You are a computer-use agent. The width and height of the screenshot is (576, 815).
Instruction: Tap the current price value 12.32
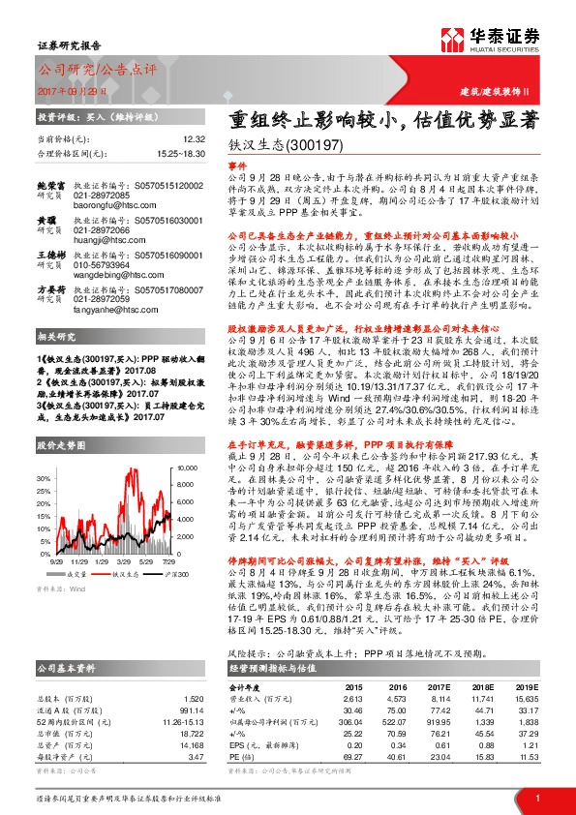pyautogui.click(x=194, y=139)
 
